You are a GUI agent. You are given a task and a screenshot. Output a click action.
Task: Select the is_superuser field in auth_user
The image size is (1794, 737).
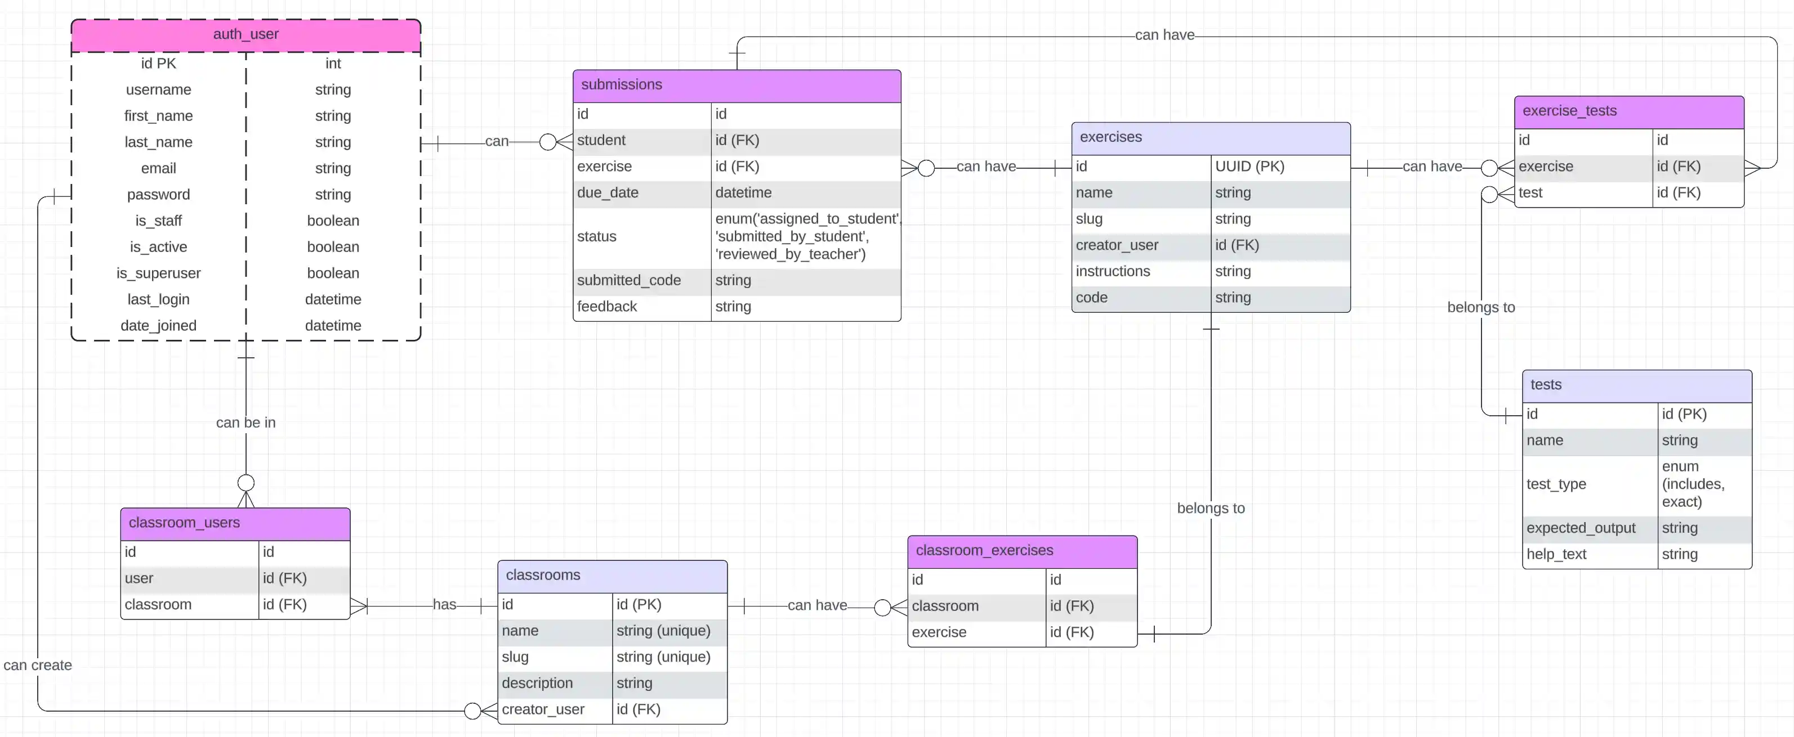(x=158, y=273)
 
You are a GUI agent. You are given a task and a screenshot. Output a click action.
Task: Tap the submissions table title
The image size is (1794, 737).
(x=621, y=85)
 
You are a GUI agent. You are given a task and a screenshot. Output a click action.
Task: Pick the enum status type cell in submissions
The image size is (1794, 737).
(x=806, y=237)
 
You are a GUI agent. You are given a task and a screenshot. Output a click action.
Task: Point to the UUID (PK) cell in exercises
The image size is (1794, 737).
(x=1249, y=167)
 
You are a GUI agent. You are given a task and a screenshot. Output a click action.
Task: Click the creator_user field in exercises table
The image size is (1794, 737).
(x=1117, y=245)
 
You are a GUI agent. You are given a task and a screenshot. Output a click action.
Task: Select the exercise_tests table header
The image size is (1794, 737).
(x=1569, y=111)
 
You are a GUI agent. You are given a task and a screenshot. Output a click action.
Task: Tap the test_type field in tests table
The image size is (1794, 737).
(x=1556, y=484)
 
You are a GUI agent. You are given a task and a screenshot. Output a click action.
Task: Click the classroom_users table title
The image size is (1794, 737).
(x=184, y=523)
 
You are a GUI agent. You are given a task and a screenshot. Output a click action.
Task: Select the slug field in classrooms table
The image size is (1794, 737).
(x=515, y=657)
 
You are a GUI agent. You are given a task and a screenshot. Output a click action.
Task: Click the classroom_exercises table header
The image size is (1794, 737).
(x=984, y=550)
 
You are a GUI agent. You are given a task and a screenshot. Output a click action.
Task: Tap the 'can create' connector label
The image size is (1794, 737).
(x=38, y=666)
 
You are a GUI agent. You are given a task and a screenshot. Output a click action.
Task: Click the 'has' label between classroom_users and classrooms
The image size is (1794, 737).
(x=444, y=605)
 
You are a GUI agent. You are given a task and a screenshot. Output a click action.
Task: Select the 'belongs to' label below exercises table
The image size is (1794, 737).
(x=1211, y=509)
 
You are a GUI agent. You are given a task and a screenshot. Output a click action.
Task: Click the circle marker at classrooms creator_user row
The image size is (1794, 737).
(x=472, y=711)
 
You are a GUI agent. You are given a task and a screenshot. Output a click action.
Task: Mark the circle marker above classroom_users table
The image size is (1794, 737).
(x=246, y=483)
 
